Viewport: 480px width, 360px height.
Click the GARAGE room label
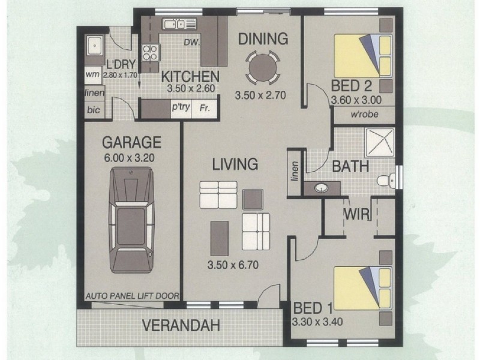coord(131,142)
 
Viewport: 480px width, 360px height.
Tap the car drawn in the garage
coord(131,220)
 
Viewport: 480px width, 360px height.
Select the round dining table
coord(263,68)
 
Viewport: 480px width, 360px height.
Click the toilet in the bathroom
coord(386,181)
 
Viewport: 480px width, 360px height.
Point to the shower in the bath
coord(380,142)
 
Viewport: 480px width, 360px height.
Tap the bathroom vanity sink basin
coord(321,188)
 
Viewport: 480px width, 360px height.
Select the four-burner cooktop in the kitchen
coord(151,53)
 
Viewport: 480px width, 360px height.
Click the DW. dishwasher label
coord(191,42)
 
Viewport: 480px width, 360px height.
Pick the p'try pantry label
coord(181,107)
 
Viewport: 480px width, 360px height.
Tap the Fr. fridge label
coord(204,108)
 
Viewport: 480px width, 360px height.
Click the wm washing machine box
coord(92,74)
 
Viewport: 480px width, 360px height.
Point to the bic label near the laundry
coord(94,110)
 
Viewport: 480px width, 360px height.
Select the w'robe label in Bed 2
coord(364,115)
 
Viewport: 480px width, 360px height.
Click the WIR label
coord(356,214)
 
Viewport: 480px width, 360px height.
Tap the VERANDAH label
coord(181,325)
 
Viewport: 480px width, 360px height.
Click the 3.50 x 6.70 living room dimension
coord(233,265)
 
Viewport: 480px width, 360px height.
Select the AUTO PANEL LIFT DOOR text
coord(132,296)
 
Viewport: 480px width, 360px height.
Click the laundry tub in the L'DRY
coord(95,46)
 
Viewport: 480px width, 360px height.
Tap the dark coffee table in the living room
coord(220,238)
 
